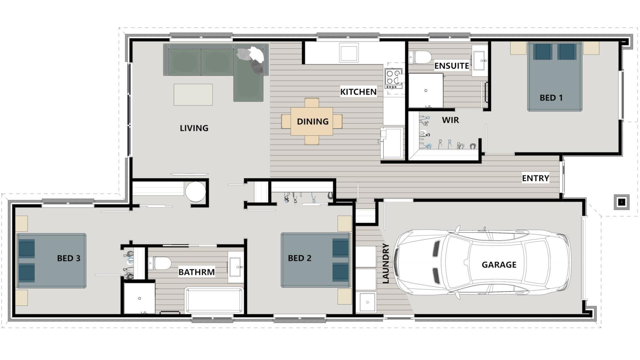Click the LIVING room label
point(194,128)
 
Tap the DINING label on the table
point(312,122)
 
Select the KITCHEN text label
point(358,92)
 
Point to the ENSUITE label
point(452,66)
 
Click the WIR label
point(450,120)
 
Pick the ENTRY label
point(535,178)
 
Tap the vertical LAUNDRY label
point(386,263)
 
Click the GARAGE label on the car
point(499,265)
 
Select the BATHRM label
point(196,272)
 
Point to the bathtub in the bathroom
point(214,300)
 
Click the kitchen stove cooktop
point(393,78)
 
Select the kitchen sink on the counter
point(349,53)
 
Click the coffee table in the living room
point(193,95)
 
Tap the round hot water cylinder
point(195,192)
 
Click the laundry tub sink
point(366,302)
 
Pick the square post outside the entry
point(622,202)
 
